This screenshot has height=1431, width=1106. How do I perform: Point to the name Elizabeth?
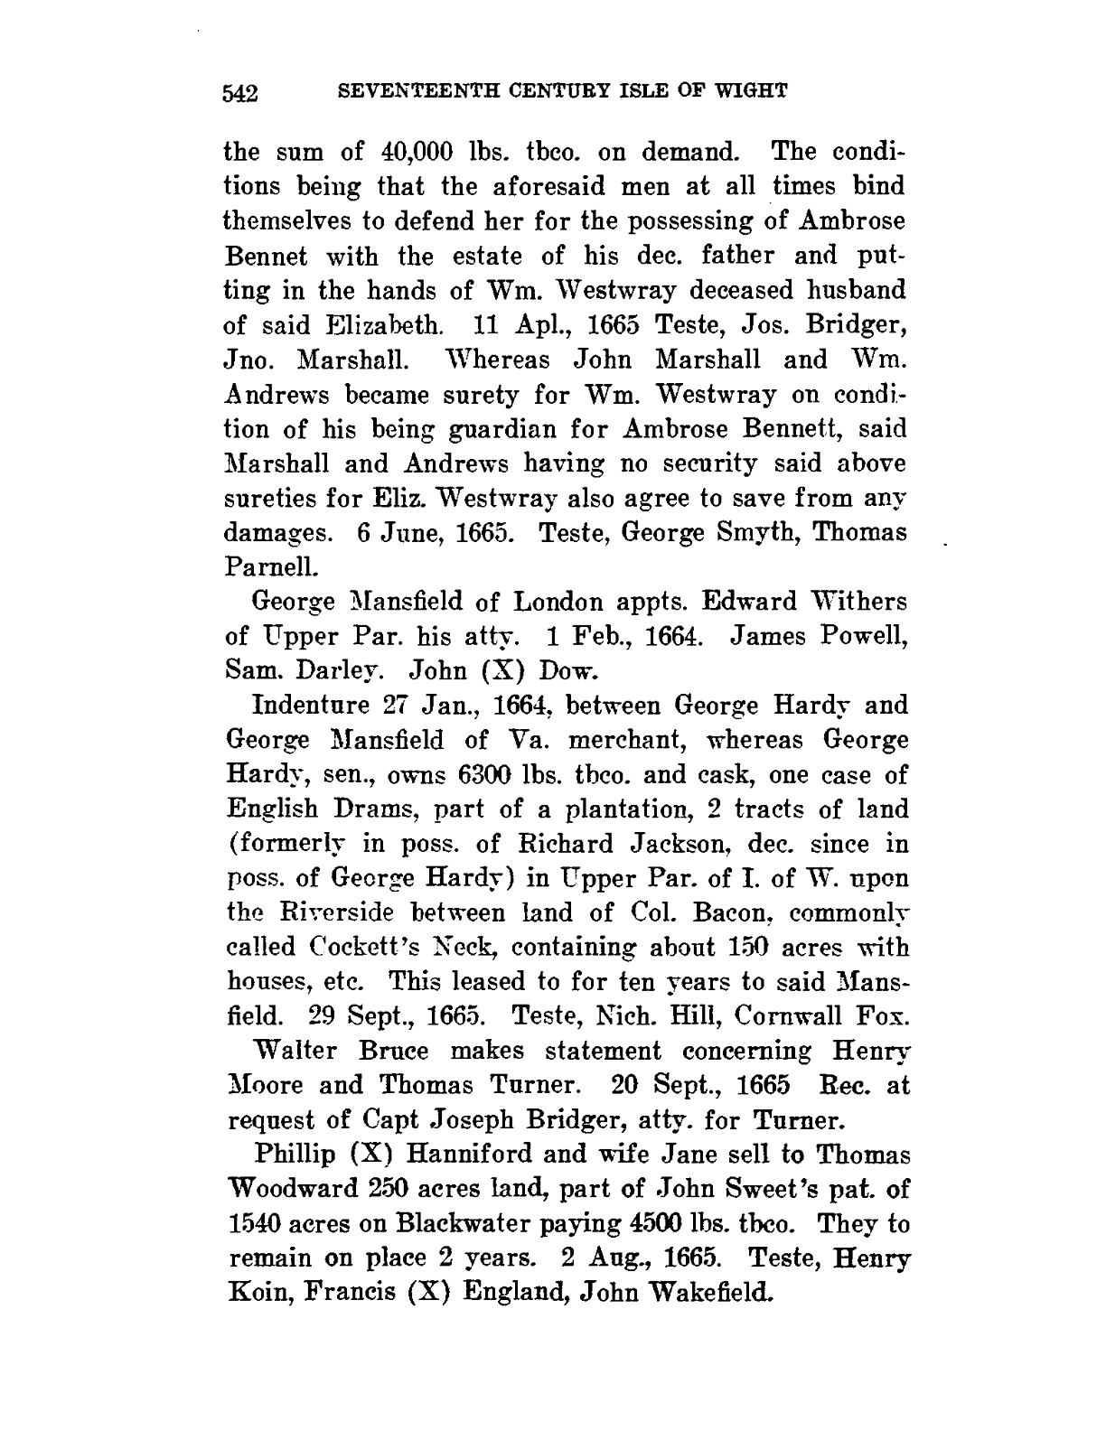pyautogui.click(x=373, y=324)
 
